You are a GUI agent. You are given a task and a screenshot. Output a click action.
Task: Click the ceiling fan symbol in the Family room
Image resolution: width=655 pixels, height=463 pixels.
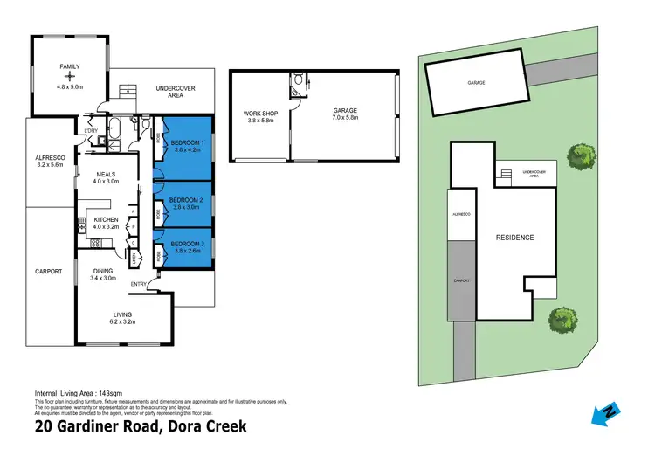point(68,76)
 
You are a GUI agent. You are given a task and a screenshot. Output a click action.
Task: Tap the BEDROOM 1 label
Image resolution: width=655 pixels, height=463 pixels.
point(187,142)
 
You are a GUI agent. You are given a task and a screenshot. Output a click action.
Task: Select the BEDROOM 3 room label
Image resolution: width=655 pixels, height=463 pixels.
point(187,243)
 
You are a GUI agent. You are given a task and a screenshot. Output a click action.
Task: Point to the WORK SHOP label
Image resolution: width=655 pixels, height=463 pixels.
point(260,115)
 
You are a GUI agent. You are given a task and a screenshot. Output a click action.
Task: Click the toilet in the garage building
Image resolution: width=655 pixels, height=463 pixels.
point(300,81)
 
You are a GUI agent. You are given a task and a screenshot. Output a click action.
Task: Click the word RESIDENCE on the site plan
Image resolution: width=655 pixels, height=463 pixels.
point(514,238)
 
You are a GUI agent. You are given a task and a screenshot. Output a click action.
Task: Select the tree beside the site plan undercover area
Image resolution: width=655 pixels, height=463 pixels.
point(580,158)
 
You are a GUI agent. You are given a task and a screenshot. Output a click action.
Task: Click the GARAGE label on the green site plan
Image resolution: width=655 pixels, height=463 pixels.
point(476,82)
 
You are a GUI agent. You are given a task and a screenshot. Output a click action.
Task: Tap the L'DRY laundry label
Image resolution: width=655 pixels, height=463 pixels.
point(90,131)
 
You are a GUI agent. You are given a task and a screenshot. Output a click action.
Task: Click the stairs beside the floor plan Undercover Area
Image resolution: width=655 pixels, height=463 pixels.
point(129,89)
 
